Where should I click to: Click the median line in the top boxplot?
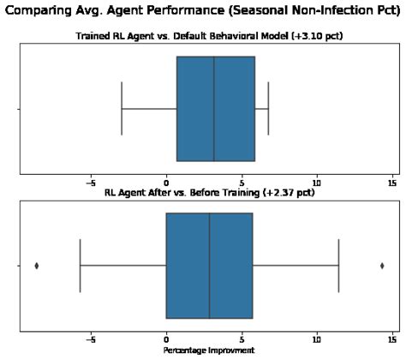214,109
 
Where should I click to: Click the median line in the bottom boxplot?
209,266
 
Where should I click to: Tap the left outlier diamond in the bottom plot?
36,266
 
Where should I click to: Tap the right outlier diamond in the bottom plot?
381,266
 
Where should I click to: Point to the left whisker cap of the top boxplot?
122,109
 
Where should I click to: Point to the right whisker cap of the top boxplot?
268,109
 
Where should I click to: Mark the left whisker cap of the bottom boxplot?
80,266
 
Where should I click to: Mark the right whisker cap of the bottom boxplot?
338,266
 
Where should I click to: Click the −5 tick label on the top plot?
90,183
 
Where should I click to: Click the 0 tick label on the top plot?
166,183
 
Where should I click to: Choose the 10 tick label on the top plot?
317,183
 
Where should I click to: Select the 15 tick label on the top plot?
392,183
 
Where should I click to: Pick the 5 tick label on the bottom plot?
242,339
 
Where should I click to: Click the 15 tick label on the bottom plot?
392,339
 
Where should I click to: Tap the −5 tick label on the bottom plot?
90,339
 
